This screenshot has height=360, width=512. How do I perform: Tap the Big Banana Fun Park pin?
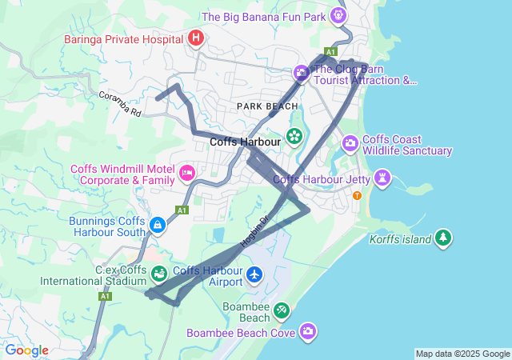pyautogui.click(x=341, y=15)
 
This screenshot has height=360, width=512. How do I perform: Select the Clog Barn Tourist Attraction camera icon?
pyautogui.click(x=302, y=74)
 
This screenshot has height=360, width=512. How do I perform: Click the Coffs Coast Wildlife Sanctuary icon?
pyautogui.click(x=350, y=144)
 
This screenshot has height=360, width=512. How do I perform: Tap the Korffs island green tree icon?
pyautogui.click(x=443, y=238)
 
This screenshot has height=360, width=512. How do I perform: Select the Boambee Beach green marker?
pyautogui.click(x=281, y=310)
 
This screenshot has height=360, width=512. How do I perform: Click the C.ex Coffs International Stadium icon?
pyautogui.click(x=158, y=274)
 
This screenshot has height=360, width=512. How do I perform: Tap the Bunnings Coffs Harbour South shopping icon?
pyautogui.click(x=158, y=225)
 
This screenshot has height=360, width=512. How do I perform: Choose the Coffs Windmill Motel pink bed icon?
pyautogui.click(x=187, y=173)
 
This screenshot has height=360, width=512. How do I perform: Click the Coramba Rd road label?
pyautogui.click(x=119, y=105)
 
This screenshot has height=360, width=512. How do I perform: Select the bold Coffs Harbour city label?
pyautogui.click(x=245, y=142)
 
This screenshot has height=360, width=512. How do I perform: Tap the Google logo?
pyautogui.click(x=26, y=350)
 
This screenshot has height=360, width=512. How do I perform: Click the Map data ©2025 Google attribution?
pyautogui.click(x=462, y=354)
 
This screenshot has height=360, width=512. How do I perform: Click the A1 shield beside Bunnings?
pyautogui.click(x=182, y=210)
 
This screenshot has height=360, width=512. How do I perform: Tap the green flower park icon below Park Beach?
pyautogui.click(x=294, y=135)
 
